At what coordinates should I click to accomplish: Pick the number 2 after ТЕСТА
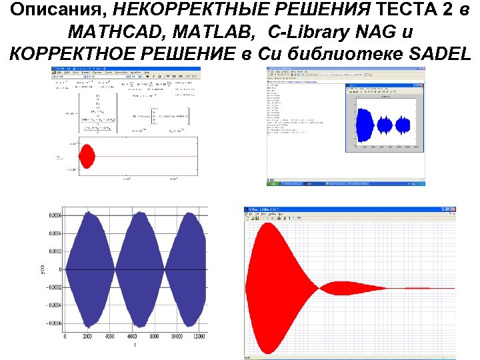coord(445,9)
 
